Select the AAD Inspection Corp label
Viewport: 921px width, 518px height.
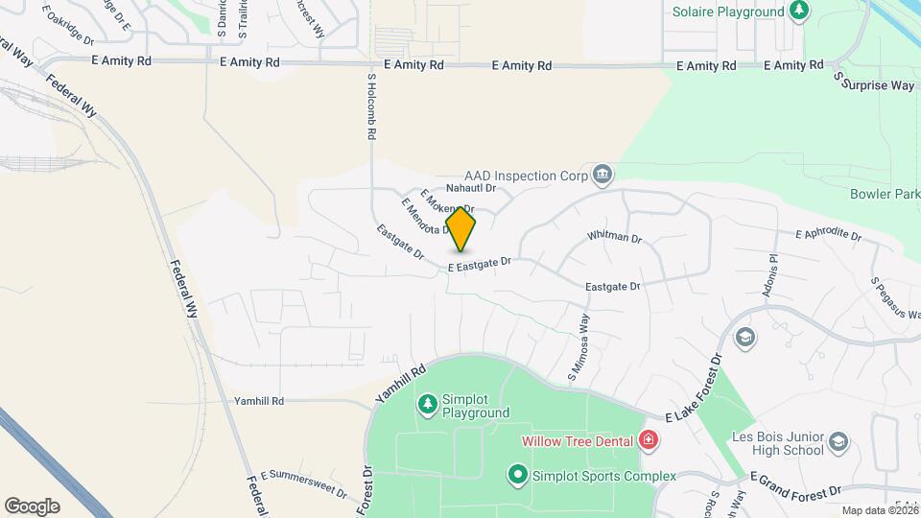click(x=526, y=176)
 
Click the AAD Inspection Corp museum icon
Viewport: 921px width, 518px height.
click(x=602, y=174)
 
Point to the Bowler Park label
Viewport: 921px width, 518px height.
click(x=885, y=194)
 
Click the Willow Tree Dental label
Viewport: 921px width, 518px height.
click(x=577, y=441)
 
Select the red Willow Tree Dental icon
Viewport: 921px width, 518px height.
click(x=649, y=441)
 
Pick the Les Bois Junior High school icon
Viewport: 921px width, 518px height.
click(x=838, y=441)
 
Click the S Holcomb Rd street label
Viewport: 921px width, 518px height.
click(x=371, y=107)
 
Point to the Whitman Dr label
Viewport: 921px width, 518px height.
click(x=614, y=236)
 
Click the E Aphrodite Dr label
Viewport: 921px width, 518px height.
click(x=829, y=234)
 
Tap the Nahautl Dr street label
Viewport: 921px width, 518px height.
click(x=470, y=189)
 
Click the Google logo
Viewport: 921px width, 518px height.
click(x=33, y=506)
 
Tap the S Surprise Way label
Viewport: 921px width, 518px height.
click(x=874, y=82)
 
